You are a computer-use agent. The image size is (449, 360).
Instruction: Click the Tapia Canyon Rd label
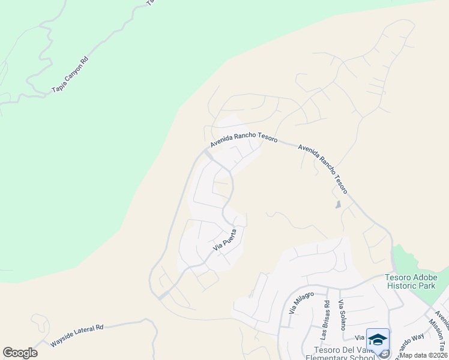click(70, 76)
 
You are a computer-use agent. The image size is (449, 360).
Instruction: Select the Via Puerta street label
click(226, 239)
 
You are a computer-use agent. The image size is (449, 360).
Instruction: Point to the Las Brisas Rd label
click(326, 314)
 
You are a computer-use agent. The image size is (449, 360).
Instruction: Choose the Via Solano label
click(342, 314)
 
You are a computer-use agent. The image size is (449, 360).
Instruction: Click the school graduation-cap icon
click(378, 340)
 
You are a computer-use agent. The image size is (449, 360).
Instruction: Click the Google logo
click(20, 353)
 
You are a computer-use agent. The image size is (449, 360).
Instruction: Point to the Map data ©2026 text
click(424, 356)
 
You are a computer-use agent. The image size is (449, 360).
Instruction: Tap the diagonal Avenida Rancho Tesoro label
click(322, 167)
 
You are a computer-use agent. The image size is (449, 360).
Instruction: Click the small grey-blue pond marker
click(339, 205)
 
